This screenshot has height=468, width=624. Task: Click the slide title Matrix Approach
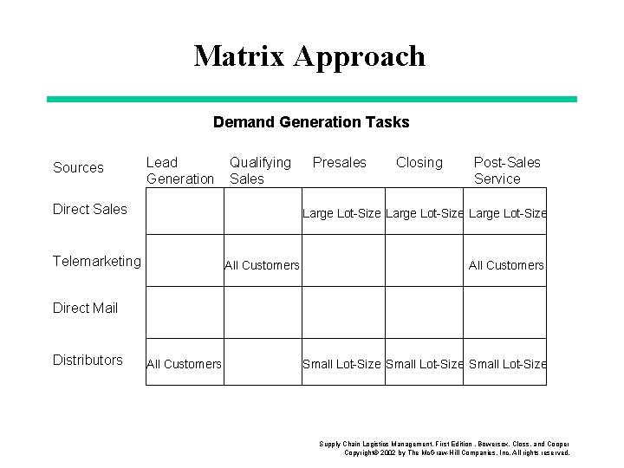click(310, 56)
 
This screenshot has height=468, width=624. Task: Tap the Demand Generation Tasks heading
click(311, 122)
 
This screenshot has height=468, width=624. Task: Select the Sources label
click(78, 167)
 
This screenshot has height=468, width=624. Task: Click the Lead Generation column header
click(179, 171)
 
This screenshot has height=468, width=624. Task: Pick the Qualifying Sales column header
click(259, 171)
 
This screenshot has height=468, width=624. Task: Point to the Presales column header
click(339, 162)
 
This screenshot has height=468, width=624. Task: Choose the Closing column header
click(419, 162)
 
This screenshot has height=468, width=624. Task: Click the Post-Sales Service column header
click(506, 171)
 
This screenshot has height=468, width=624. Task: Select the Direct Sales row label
click(89, 209)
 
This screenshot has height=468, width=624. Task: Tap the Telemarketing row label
click(96, 260)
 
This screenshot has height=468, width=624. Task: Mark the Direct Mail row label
click(85, 308)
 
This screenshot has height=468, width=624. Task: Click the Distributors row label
click(88, 360)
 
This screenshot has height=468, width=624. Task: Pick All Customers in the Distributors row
click(184, 364)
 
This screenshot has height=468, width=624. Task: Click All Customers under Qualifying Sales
click(262, 265)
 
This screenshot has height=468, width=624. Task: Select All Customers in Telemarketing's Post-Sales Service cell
click(506, 265)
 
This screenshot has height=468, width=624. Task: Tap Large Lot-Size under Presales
click(341, 213)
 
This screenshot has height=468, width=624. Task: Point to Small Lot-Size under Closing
click(424, 364)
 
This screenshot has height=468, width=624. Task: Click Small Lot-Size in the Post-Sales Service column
click(507, 364)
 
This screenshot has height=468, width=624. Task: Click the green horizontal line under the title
click(311, 99)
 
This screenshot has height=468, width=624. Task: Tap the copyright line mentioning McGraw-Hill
click(457, 453)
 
